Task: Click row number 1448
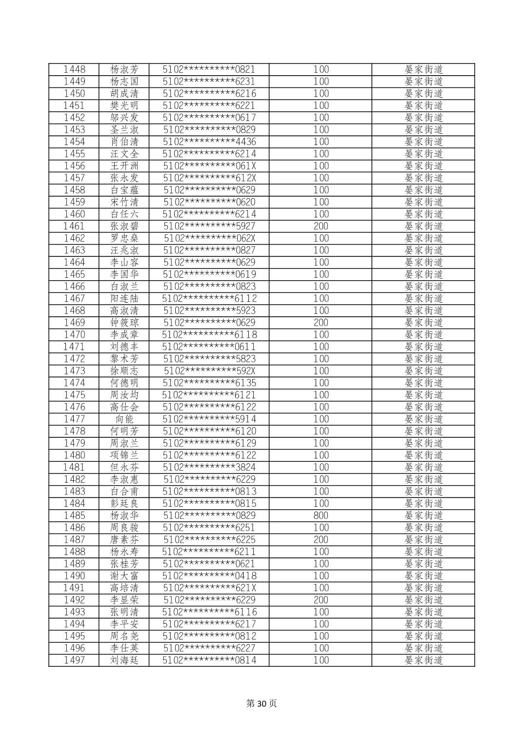click(x=74, y=69)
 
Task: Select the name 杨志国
click(x=124, y=82)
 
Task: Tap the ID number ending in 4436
click(x=209, y=142)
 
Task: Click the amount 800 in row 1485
click(x=321, y=515)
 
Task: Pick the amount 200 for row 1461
click(x=321, y=226)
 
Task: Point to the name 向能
click(x=124, y=419)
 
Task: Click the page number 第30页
click(x=262, y=703)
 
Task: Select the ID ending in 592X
click(x=209, y=371)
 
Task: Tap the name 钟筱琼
click(x=124, y=323)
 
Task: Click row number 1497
click(x=74, y=660)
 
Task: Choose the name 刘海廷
click(x=124, y=660)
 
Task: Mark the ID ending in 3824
click(x=209, y=467)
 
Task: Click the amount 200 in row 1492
click(x=321, y=600)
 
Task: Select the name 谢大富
click(x=124, y=576)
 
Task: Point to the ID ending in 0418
click(x=209, y=576)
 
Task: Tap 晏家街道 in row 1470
click(x=423, y=334)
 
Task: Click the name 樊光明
click(x=124, y=105)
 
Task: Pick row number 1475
click(x=74, y=395)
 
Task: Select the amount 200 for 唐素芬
click(x=321, y=539)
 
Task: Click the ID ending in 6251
click(x=209, y=527)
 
